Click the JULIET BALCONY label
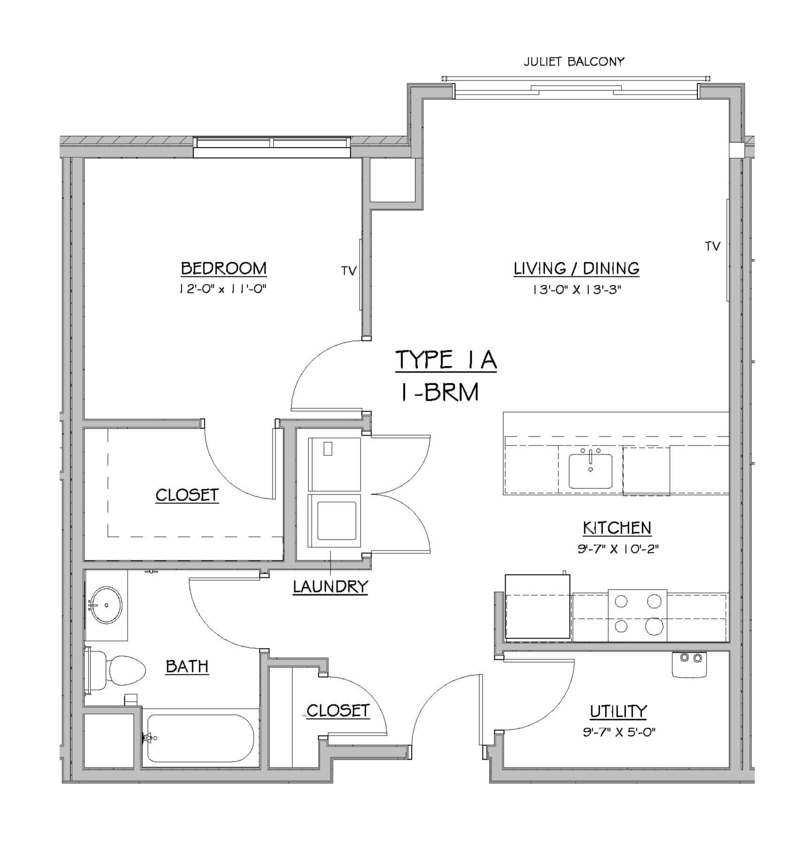coord(574,62)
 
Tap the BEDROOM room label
coord(224,268)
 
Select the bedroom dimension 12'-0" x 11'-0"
coord(224,289)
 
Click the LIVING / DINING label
coord(576,268)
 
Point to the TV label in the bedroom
coord(349,271)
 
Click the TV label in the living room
coord(713,246)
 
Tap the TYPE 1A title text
coord(446,360)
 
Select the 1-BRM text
coord(440,392)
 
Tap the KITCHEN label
coord(617,528)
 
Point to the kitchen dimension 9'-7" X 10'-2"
coord(618,549)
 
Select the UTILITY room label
coord(618,712)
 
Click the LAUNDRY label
coord(330,587)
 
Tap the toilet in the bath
coord(120,670)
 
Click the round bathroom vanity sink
coord(106,605)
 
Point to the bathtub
coord(200,738)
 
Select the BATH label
coord(187,666)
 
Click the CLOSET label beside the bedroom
coord(187,495)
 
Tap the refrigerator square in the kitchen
coord(538,608)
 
